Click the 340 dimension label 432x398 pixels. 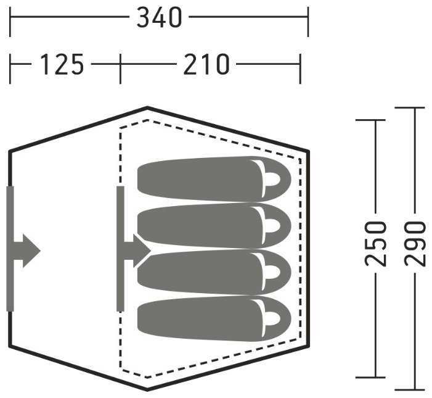160,17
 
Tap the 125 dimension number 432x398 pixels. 62,64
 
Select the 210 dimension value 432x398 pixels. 206,64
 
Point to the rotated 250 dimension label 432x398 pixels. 375,244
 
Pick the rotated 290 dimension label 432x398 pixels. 415,244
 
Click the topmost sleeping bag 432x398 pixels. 214,179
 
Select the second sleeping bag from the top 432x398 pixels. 214,226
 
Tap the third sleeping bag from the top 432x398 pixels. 214,272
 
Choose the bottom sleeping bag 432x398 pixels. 214,318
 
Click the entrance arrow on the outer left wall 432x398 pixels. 27,251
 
